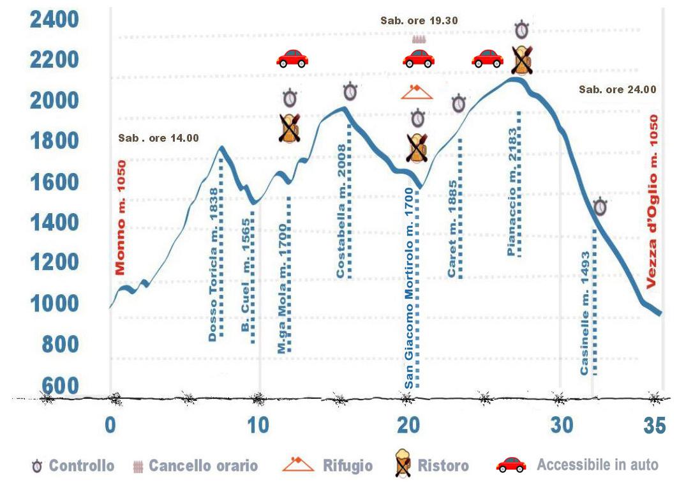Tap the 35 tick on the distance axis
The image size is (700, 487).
point(654,426)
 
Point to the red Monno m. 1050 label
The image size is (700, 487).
point(121,217)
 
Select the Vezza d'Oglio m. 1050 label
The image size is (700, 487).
point(652,202)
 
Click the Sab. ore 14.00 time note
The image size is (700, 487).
point(158,137)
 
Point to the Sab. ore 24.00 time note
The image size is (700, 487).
point(617,89)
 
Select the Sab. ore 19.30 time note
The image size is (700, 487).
point(419,20)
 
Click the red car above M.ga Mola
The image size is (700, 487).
point(292,59)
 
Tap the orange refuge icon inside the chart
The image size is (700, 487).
point(417,93)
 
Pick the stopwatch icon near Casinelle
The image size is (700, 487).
point(600,207)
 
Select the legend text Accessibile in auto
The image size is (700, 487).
point(597,465)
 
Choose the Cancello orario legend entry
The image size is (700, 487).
point(203,466)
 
